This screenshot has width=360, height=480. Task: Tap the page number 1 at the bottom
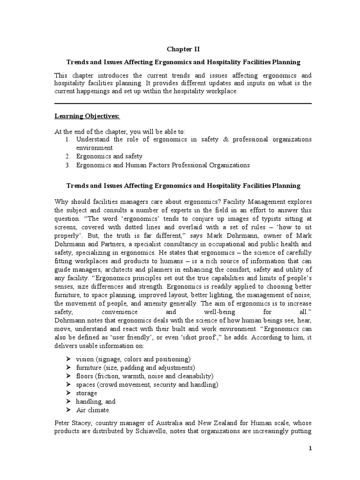tap(310, 449)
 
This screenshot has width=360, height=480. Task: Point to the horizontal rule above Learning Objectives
tap(183, 104)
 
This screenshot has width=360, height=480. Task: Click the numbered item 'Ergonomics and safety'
tap(109, 156)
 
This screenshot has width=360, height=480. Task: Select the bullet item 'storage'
tap(87, 393)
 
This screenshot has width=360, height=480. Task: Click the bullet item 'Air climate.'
tap(93, 410)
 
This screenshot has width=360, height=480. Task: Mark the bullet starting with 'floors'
tap(144, 376)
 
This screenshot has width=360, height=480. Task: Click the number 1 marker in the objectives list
tap(67, 139)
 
